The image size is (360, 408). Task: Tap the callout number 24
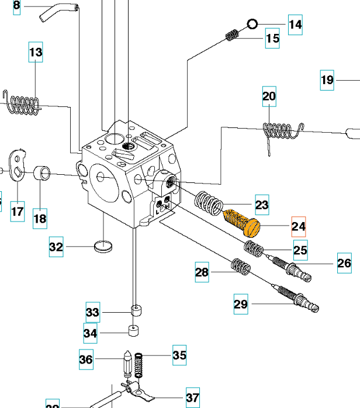coord(299,226)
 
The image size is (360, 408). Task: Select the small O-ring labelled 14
coord(252,24)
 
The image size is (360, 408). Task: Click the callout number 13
coord(36,53)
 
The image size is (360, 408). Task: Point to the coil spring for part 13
coord(23,105)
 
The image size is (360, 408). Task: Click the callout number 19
coord(327,79)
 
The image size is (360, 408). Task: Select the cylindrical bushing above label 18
coord(41,173)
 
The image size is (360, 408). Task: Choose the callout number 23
coord(262,205)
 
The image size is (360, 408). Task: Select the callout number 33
coord(93,312)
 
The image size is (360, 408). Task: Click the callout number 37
coord(192,397)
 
